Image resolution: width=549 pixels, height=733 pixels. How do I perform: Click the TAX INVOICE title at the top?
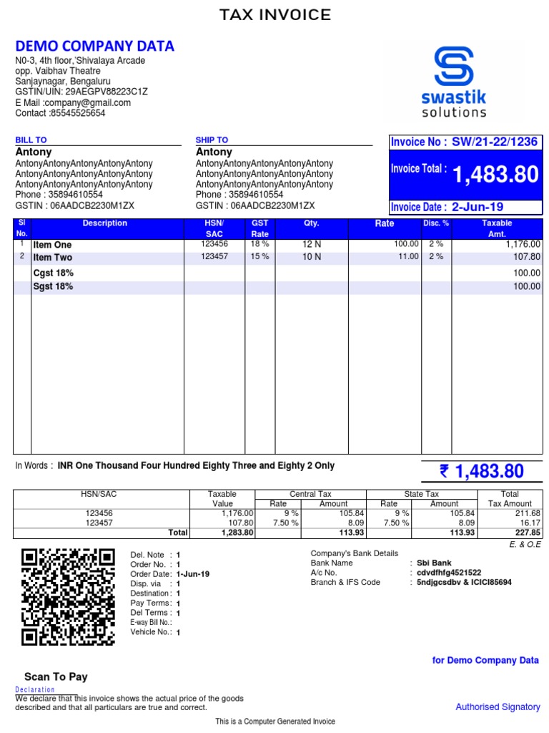coord(274,15)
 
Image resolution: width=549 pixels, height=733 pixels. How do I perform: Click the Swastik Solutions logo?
coord(454,81)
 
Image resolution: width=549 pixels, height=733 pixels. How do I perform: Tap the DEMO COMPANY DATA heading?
coord(95,47)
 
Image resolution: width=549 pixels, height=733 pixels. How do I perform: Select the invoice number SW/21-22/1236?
coord(495,142)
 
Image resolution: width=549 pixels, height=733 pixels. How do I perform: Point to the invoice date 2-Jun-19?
coord(478,207)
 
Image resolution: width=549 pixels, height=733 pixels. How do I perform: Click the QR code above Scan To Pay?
coord(69,597)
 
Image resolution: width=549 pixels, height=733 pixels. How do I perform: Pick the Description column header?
coord(104,223)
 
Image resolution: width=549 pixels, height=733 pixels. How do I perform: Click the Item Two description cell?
coord(53,258)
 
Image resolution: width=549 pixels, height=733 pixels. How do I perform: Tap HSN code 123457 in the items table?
coord(214,256)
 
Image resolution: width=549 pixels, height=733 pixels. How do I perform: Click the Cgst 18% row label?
coord(54,273)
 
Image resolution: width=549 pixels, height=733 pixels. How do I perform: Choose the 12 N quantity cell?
coord(311,245)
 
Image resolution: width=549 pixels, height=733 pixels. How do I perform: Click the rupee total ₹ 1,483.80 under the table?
coord(482,471)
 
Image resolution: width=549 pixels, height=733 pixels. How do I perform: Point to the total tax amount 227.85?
coord(527,533)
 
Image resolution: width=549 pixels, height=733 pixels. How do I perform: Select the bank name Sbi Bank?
coord(435,563)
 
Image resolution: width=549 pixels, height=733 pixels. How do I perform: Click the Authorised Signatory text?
coord(498,707)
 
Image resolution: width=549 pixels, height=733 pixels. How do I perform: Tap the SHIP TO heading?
coord(212,140)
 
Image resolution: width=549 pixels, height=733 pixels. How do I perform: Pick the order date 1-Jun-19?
coord(192,574)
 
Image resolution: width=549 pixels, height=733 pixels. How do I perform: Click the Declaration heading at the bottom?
coord(35,690)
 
